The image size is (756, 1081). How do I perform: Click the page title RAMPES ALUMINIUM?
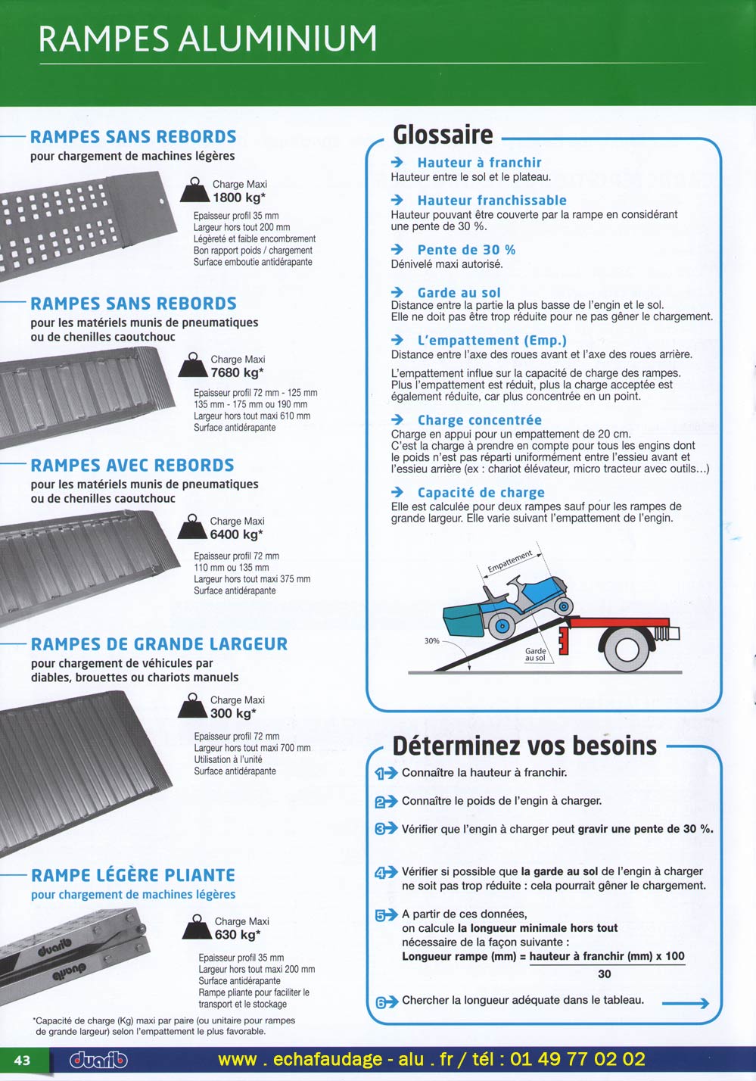click(x=208, y=39)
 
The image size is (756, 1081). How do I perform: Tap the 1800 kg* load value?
click(x=239, y=198)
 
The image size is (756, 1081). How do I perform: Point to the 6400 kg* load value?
click(x=236, y=535)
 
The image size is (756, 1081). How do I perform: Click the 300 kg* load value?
click(x=233, y=714)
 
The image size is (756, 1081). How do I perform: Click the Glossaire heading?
click(x=443, y=136)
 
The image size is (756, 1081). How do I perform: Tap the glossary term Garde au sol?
click(x=459, y=293)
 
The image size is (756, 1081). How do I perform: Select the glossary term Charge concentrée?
click(x=479, y=420)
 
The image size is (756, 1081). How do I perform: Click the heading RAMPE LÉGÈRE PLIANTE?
click(x=133, y=876)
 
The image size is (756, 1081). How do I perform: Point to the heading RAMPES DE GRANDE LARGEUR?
click(x=159, y=645)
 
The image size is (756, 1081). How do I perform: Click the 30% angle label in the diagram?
click(x=432, y=641)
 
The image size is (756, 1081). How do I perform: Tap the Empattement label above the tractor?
click(x=510, y=562)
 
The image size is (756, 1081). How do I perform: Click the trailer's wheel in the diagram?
click(x=627, y=649)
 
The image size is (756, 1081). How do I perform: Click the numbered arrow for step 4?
click(x=385, y=873)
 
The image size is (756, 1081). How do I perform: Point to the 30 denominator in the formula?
click(x=604, y=974)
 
